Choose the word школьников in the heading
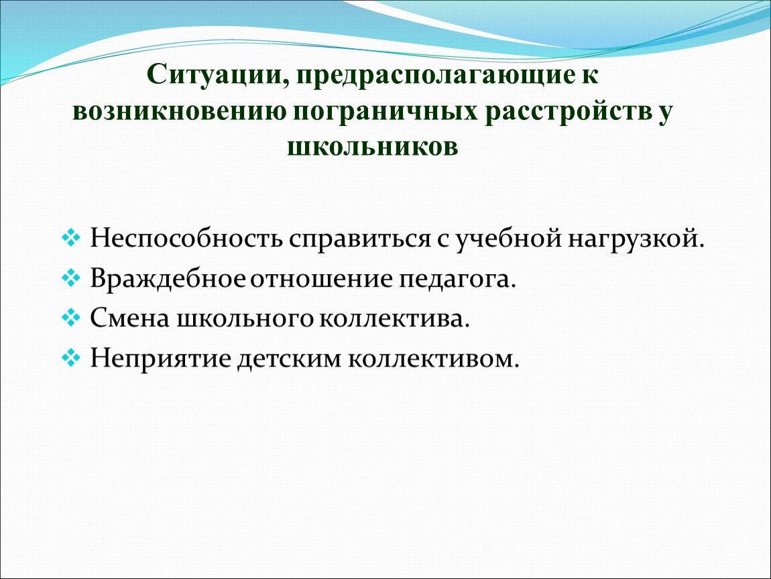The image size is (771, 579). click(372, 146)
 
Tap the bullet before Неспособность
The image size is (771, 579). click(71, 237)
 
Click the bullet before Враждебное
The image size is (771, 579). click(71, 277)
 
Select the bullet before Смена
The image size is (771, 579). click(71, 318)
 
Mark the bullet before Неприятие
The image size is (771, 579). click(71, 357)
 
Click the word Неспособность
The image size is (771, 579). click(186, 239)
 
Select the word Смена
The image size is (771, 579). click(130, 318)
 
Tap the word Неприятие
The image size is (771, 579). click(160, 359)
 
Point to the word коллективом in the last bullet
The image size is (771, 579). click(434, 359)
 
